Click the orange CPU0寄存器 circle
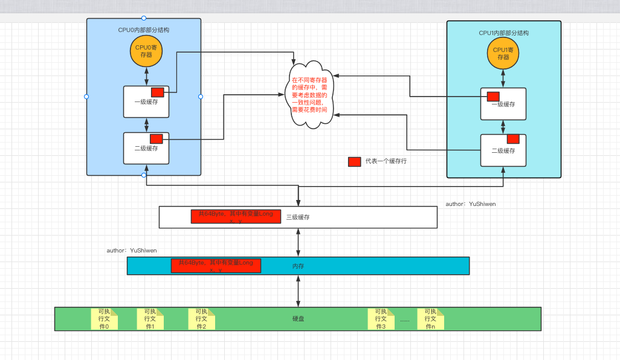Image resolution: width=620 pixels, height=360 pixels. (146, 51)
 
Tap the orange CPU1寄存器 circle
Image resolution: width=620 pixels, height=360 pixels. (503, 54)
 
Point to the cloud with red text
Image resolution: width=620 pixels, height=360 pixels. (309, 94)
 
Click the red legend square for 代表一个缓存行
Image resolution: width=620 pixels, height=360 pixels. (355, 162)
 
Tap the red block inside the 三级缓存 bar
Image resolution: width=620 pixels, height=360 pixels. (236, 217)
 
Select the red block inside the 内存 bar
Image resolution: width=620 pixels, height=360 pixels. (216, 266)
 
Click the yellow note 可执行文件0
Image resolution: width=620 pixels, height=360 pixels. (104, 319)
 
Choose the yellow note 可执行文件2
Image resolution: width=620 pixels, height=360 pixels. (201, 319)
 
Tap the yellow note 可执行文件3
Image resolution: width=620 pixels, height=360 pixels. (381, 319)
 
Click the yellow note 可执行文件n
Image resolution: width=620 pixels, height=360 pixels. (430, 319)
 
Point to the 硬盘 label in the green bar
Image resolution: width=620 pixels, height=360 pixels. (297, 318)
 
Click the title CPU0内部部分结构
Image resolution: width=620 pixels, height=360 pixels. (143, 30)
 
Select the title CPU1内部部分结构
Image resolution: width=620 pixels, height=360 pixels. (503, 33)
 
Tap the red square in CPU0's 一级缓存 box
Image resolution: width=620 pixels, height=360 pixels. (157, 92)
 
